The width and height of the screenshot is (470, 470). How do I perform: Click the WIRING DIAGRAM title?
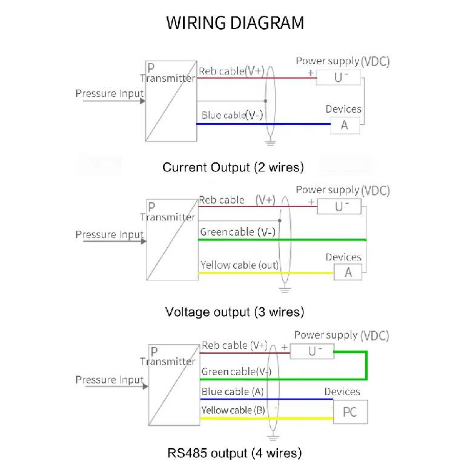[235, 23]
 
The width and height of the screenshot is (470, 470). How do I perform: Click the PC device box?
[351, 411]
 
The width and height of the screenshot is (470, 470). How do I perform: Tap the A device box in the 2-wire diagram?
[345, 125]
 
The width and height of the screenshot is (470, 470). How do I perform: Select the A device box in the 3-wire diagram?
[348, 272]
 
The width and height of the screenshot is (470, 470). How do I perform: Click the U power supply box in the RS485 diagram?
[312, 351]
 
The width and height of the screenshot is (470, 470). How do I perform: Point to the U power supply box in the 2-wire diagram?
[339, 78]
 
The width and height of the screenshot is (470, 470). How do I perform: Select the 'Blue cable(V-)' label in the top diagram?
[232, 115]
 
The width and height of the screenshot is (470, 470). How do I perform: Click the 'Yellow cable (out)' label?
[239, 265]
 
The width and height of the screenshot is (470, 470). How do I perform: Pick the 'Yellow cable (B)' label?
[233, 410]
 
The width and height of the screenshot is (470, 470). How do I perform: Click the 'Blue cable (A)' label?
[233, 391]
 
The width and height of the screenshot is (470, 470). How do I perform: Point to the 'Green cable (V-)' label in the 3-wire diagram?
[237, 232]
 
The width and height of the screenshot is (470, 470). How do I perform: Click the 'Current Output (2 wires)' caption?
[233, 167]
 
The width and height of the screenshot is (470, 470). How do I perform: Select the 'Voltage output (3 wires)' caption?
[235, 312]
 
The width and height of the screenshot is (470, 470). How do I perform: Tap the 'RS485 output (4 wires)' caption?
[234, 453]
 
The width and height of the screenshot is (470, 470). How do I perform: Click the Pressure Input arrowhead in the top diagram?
[143, 101]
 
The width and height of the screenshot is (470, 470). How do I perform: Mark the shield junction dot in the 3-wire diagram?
[280, 220]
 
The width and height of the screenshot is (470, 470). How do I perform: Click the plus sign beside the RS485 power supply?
[285, 347]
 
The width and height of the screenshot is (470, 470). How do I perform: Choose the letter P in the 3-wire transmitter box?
[151, 207]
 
